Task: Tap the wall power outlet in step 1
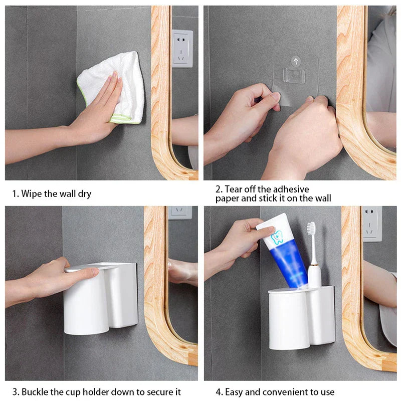pyautogui.click(x=182, y=49)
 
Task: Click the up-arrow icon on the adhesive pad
pyautogui.click(x=296, y=61)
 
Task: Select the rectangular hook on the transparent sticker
pyautogui.click(x=294, y=76)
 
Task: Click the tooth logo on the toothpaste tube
pyautogui.click(x=277, y=237)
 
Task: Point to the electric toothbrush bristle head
pyautogui.click(x=311, y=228)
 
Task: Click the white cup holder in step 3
pyautogui.click(x=101, y=298)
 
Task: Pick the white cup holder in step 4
pyautogui.click(x=302, y=318)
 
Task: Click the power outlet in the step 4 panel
pyautogui.click(x=372, y=224)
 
